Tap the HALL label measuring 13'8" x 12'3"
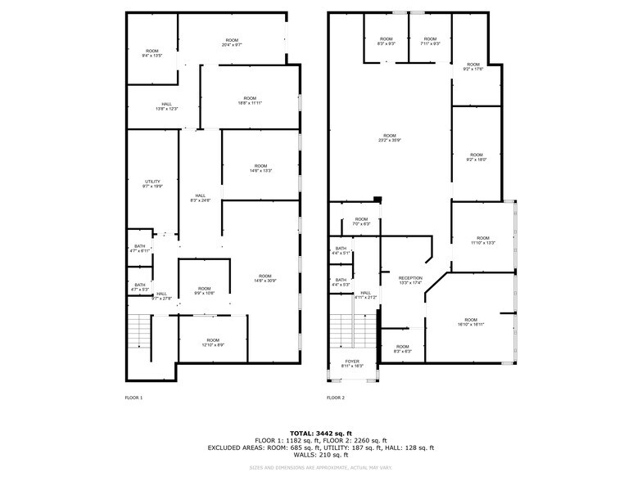pyautogui.click(x=166, y=106)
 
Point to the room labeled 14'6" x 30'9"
pyautogui.click(x=264, y=278)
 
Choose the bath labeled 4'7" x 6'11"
pyautogui.click(x=140, y=249)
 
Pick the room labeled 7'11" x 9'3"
pyautogui.click(x=430, y=41)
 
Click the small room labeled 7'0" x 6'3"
pyautogui.click(x=361, y=221)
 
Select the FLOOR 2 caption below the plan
pyautogui.click(x=336, y=398)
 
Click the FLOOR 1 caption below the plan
pyautogui.click(x=133, y=398)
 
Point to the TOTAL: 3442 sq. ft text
pyautogui.click(x=321, y=433)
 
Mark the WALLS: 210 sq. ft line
pyautogui.click(x=321, y=455)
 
